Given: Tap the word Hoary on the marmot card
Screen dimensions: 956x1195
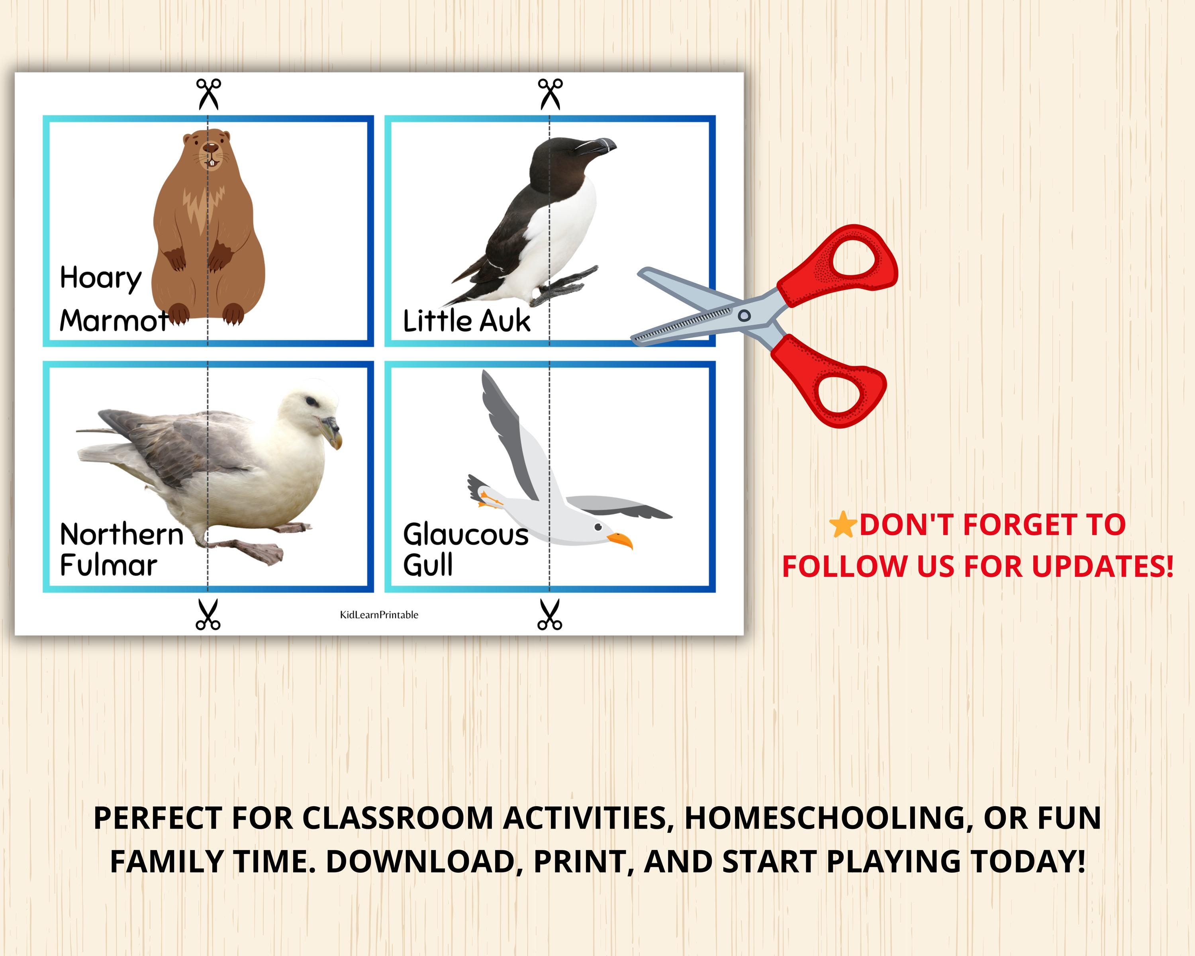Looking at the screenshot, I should [x=101, y=278].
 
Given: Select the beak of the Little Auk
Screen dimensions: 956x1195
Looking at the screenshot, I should [x=599, y=147].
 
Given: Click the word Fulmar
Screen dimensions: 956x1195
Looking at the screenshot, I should [x=109, y=565].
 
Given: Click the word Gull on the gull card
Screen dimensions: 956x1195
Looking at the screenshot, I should [x=427, y=565].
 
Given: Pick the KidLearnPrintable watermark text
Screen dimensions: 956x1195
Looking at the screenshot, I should [x=379, y=615].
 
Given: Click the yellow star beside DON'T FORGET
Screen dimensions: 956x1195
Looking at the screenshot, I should [x=842, y=524].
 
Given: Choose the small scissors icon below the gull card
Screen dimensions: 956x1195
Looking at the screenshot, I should [x=549, y=615].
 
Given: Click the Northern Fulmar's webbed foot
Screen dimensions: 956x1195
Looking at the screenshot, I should [x=261, y=552].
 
